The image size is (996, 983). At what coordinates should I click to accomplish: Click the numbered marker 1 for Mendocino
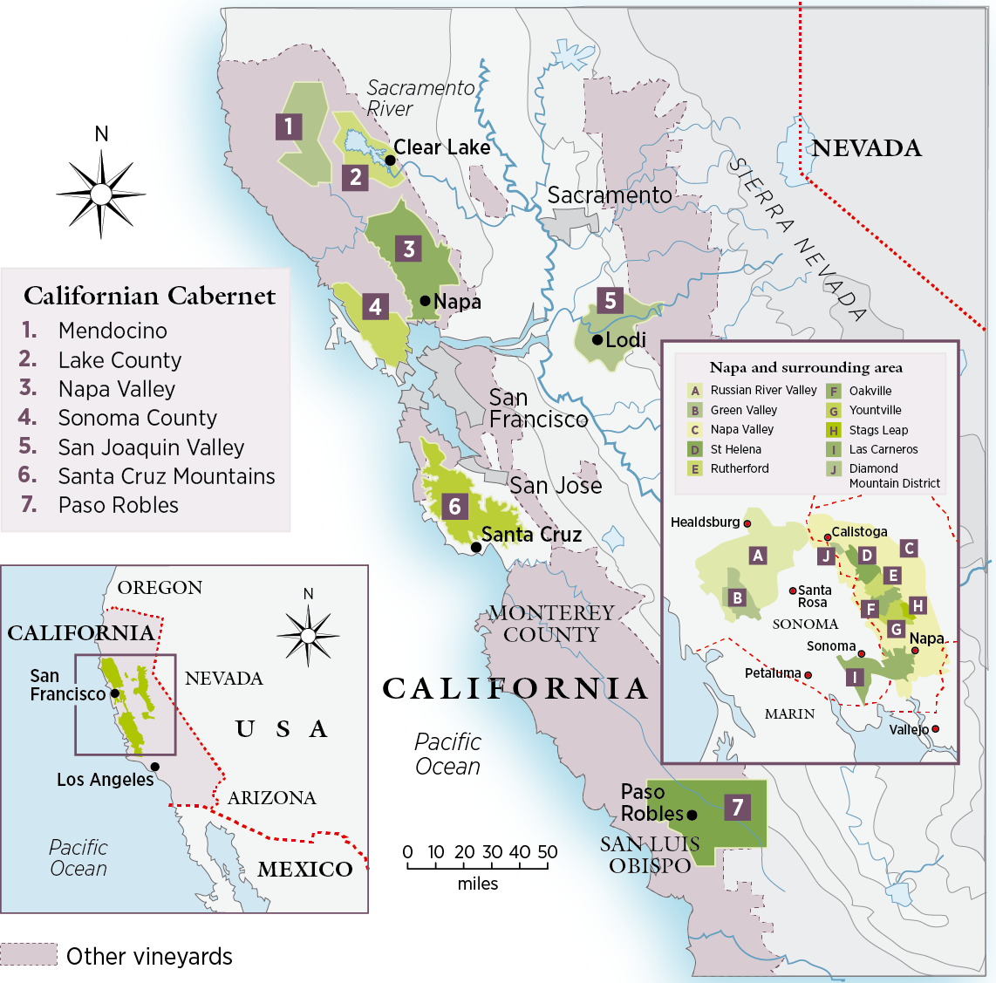(289, 126)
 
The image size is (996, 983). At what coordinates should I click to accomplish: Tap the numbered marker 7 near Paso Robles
(737, 807)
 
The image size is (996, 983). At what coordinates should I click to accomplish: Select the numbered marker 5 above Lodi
(611, 301)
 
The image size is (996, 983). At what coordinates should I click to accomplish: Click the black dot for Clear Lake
(390, 160)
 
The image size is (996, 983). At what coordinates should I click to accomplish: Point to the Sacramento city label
(610, 195)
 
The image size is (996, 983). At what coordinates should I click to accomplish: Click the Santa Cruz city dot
(475, 548)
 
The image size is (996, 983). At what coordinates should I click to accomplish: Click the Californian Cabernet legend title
(149, 297)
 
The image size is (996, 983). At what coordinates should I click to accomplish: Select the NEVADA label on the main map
(866, 148)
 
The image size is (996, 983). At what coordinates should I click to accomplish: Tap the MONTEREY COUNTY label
(551, 624)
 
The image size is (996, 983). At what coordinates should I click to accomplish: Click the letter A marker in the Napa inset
(758, 556)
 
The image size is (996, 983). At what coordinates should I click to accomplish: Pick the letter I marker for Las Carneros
(856, 677)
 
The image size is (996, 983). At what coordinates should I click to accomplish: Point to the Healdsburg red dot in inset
(747, 523)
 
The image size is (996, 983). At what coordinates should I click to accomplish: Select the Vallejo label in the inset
(909, 729)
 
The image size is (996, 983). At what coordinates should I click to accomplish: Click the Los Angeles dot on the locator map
(154, 767)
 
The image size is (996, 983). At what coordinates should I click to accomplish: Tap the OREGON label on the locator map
(160, 588)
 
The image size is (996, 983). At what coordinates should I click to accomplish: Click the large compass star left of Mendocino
(101, 193)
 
